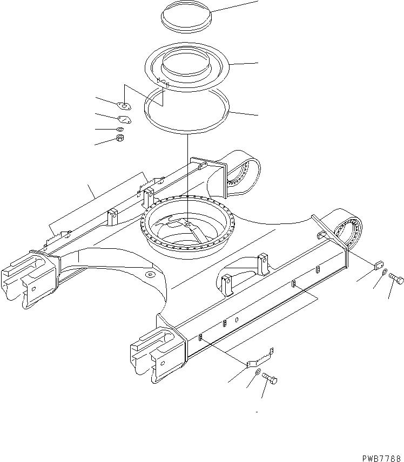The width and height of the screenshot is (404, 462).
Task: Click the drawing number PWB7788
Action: point(379,457)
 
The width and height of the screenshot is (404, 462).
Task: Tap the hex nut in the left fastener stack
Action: point(121,139)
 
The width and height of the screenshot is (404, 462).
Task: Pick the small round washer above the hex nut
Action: point(120,129)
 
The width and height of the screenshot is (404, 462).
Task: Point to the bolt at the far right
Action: point(397,280)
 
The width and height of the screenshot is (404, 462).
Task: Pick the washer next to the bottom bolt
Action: point(258,373)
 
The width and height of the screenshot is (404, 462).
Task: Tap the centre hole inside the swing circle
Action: point(186,223)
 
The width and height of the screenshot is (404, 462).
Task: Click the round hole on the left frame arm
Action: point(150,276)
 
